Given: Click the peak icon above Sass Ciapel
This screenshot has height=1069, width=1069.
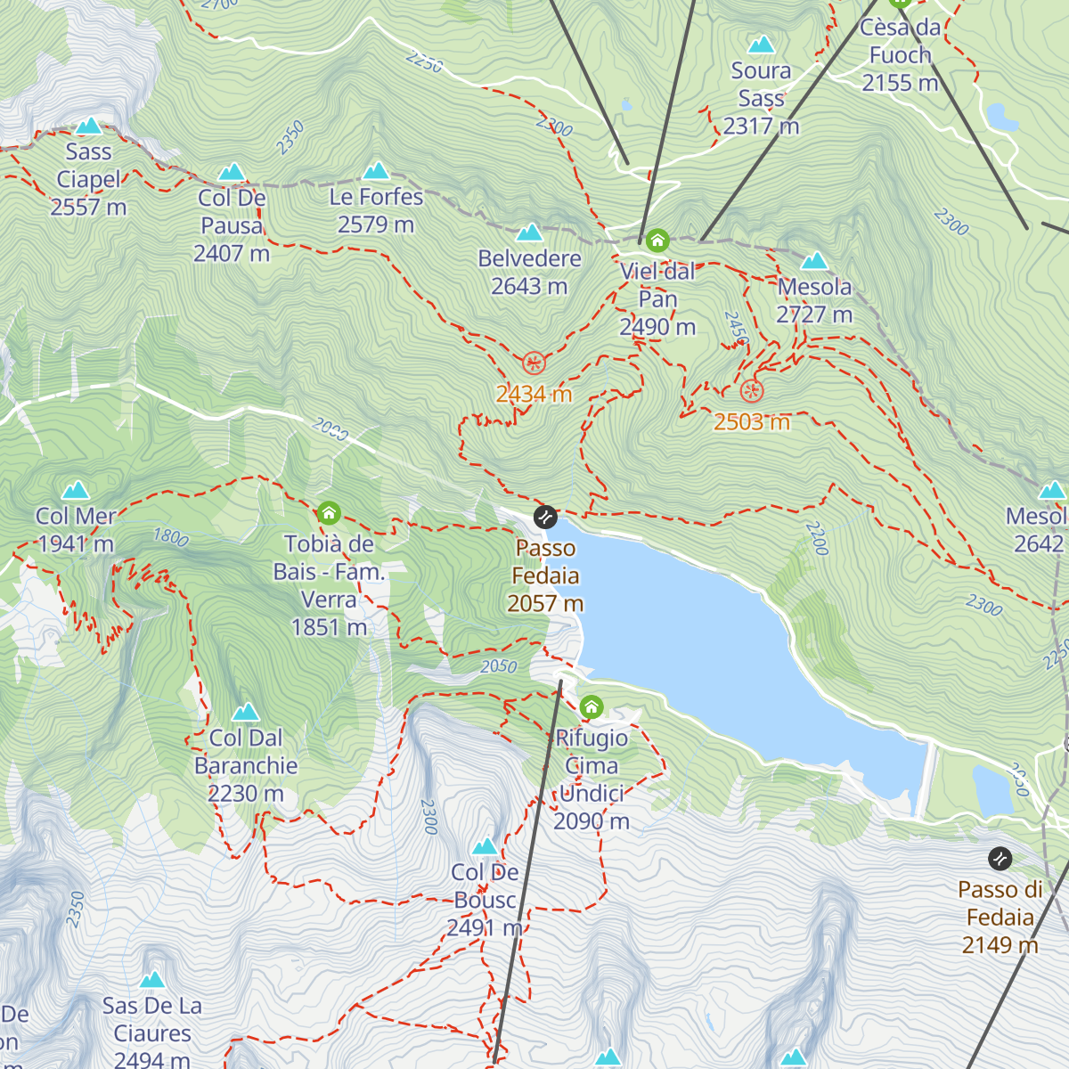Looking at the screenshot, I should pos(88,126).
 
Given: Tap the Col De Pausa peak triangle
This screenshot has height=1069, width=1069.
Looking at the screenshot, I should pos(232,172).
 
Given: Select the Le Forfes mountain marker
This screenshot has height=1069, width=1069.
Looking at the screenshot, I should pos(376,171).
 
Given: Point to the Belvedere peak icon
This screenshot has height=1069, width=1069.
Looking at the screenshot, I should pos(529,233).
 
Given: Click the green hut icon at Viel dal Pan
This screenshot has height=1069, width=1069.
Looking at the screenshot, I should pos(657,240).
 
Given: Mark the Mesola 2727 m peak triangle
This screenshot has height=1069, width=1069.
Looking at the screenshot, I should pos(814,261).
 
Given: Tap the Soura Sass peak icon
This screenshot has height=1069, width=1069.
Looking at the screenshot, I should pos(761,45).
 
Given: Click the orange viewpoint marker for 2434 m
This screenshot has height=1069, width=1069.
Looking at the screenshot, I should pos(534,363).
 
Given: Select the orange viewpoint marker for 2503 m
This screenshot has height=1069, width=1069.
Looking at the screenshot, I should pos(752,390).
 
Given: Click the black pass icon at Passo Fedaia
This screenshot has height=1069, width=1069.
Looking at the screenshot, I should pos(545,517).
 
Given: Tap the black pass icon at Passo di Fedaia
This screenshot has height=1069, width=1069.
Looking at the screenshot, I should pos(1000,859).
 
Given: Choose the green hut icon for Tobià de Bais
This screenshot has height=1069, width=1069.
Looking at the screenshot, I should pos(329,513).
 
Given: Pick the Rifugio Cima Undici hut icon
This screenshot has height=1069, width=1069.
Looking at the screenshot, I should pos(592,708).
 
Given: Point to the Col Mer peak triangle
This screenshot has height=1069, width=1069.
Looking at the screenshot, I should pos(76,490).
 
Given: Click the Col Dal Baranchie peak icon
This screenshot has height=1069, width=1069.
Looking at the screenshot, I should pos(245,712).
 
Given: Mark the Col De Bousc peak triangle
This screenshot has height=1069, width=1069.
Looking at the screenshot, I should pos(485,846).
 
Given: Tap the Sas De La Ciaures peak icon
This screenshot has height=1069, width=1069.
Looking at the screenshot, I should pos(152,980).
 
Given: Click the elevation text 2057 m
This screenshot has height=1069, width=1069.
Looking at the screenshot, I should pos(545,604).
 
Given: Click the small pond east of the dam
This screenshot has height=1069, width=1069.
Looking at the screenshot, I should pos(992,790).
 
